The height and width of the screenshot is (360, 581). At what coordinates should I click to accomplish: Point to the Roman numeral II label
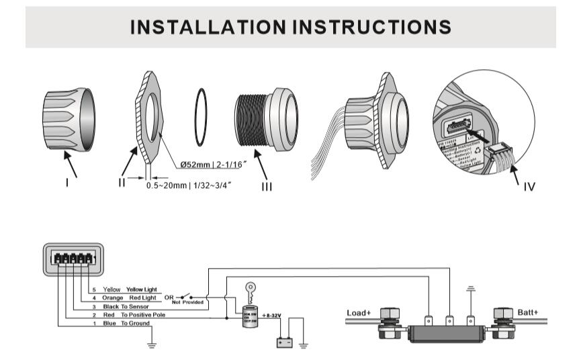[x=122, y=182]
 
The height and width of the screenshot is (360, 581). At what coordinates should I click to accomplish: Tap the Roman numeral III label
[x=267, y=187]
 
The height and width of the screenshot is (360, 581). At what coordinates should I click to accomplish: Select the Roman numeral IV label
[x=529, y=186]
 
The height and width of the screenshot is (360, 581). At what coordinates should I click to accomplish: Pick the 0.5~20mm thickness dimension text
[x=189, y=185]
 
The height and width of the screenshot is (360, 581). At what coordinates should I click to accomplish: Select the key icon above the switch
[x=251, y=290]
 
